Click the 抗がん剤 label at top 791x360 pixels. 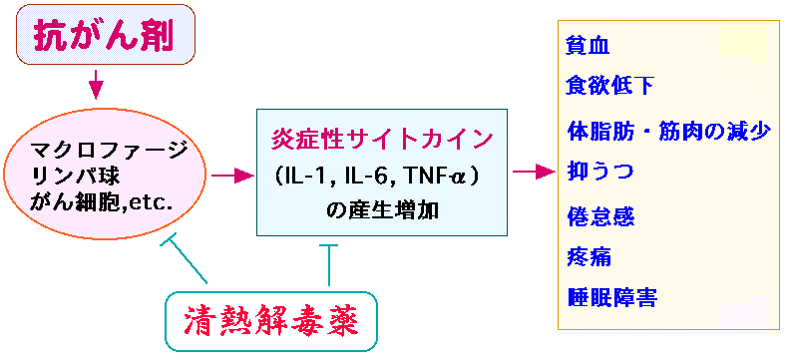tap(104, 35)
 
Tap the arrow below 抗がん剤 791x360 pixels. tap(96, 83)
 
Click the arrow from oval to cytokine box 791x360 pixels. tap(232, 176)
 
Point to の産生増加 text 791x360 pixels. tap(382, 211)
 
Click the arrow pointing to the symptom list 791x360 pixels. tap(534, 172)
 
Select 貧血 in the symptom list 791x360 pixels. tap(588, 47)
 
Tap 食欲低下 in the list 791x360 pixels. tap(609, 87)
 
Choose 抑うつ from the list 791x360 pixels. tap(599, 172)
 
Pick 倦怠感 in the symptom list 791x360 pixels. tap(600, 217)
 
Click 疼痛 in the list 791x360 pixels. tap(589, 257)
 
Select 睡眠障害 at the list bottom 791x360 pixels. tap(611, 297)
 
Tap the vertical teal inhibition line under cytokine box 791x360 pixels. tap(329, 265)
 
